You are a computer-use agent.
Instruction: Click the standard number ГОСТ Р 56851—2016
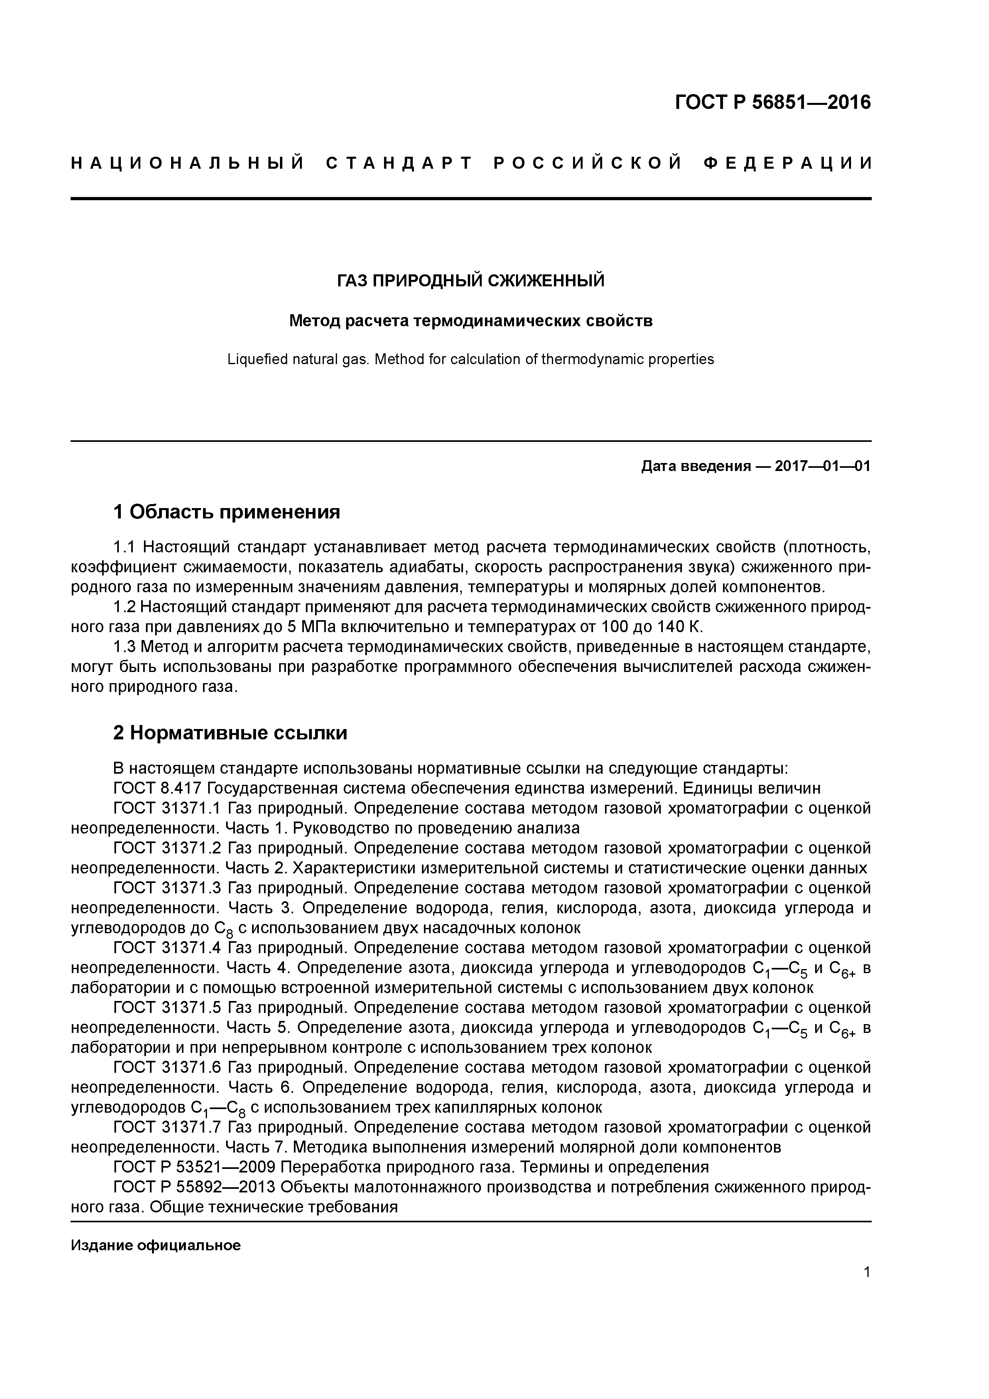773,102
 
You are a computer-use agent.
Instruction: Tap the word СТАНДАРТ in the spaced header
399,163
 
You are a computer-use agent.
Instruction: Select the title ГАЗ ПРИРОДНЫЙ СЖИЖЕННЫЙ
471,281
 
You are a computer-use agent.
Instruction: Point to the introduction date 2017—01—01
823,467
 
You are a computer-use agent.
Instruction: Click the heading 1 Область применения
227,512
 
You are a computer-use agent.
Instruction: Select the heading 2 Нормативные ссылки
231,733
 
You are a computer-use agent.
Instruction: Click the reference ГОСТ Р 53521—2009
195,1167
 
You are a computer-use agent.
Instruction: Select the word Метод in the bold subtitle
314,321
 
